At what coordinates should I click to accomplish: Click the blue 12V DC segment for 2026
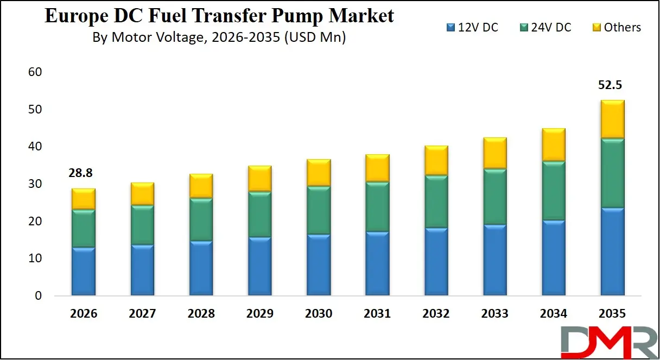pos(84,271)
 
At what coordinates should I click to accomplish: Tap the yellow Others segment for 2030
pos(319,173)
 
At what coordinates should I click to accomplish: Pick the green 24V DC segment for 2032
pos(436,201)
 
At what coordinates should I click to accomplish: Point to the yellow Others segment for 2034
pos(554,145)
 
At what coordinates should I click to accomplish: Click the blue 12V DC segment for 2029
pos(260,266)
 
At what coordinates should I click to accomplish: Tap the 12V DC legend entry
pos(472,27)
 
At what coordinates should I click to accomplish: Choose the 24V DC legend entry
pos(545,27)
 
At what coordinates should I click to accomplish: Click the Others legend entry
pos(615,27)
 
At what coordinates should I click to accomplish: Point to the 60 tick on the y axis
pos(35,72)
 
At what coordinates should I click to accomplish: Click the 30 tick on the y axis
pos(35,184)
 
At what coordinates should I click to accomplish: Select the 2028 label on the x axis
pos(201,314)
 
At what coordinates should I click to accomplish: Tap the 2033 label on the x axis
pos(495,314)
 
